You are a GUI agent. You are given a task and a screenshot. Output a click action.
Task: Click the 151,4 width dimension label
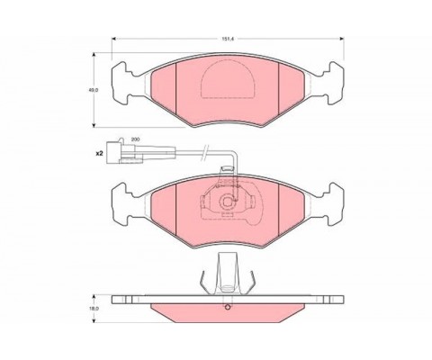coord(228,39)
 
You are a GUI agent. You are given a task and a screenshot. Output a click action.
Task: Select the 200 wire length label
coord(136,139)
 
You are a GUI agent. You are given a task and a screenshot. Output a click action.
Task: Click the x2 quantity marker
coord(99,154)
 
